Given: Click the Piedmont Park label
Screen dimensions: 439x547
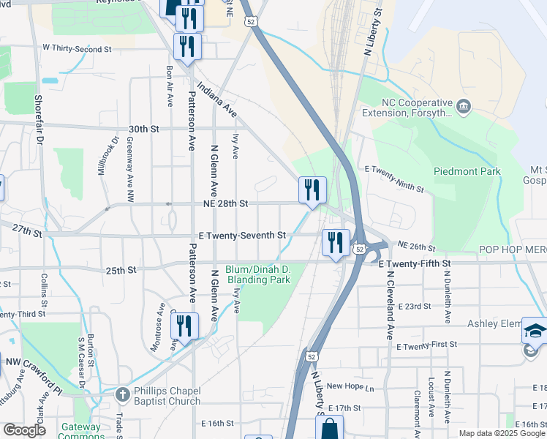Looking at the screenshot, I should coord(467,171).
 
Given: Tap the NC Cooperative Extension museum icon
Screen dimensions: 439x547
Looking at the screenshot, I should coord(463,108).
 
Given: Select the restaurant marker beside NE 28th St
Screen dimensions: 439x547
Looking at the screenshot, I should coord(312,190).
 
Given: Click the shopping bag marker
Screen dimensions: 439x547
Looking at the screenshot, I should coord(330,429).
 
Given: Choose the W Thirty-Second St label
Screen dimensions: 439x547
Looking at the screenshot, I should coord(76,48).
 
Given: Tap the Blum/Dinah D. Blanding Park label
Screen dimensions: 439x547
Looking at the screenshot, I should coord(258,274).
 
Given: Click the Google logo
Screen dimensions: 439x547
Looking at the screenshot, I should coord(24,430).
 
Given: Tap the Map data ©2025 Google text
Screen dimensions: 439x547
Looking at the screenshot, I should coord(502,433).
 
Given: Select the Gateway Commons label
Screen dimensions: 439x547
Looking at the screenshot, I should coord(81,432).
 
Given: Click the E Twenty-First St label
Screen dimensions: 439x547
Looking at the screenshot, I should coord(426,344).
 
